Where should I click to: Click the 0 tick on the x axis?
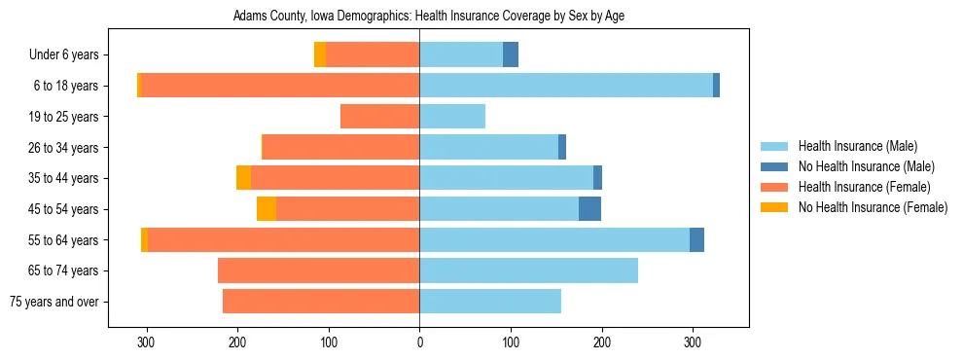(419, 342)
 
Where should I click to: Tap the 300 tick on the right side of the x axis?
(693, 342)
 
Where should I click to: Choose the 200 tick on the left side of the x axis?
(237, 342)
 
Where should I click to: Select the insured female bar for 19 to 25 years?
(379, 117)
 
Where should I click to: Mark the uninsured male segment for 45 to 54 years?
(589, 209)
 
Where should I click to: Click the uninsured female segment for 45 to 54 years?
(266, 209)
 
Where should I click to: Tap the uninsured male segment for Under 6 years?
(511, 55)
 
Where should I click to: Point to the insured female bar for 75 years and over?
(321, 302)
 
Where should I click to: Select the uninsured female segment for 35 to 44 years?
(243, 178)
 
